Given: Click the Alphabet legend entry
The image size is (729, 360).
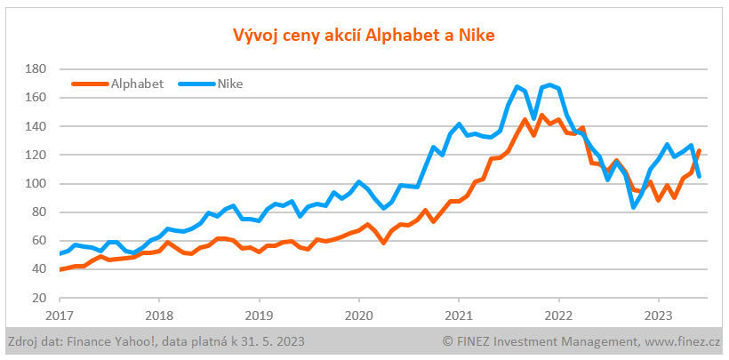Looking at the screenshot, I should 136,84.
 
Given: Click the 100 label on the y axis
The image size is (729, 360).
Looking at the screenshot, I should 36,183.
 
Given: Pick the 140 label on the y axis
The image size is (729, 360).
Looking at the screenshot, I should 36,126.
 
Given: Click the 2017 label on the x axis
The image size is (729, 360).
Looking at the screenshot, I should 60,315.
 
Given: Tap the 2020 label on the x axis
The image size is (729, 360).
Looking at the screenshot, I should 358,315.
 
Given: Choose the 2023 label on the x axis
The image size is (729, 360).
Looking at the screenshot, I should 657,315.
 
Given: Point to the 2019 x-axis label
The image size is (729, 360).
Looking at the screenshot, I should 259,315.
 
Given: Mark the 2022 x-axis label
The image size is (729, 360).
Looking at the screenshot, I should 557,315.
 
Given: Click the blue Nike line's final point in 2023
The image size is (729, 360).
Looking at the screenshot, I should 699,176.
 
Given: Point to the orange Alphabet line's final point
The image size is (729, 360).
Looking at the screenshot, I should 699,151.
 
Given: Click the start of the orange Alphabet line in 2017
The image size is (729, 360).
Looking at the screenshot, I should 60,269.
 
